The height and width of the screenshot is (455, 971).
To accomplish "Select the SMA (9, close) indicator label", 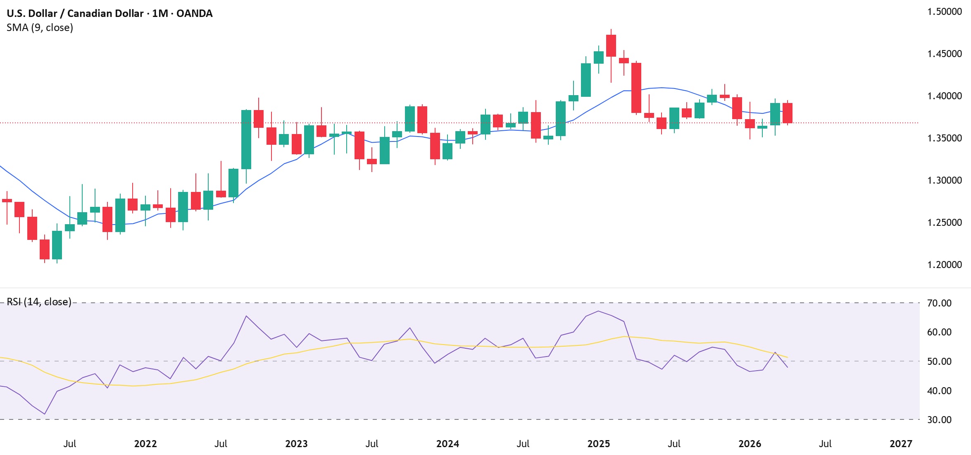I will [40, 28].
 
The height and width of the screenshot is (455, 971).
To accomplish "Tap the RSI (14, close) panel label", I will [39, 302].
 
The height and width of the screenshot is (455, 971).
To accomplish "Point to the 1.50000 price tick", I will [944, 12].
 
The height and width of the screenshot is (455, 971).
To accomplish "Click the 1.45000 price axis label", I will [944, 54].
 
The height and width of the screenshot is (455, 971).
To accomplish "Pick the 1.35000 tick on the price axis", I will [944, 138].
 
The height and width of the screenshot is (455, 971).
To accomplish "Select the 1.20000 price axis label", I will [944, 265].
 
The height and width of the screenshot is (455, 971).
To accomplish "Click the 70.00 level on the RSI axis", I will [939, 303].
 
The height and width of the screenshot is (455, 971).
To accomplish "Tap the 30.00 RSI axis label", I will [939, 420].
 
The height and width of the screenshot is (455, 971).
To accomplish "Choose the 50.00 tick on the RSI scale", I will [939, 362].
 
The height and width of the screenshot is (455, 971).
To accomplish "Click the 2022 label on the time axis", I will [145, 444].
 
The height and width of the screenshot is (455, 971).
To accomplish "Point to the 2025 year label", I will [598, 444].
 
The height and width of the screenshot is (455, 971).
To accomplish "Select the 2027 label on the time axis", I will [901, 444].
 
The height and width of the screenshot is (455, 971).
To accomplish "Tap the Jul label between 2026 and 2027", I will [825, 444].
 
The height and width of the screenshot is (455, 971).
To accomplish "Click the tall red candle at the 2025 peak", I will [611, 45].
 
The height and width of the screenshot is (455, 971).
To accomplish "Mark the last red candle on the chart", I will [787, 113].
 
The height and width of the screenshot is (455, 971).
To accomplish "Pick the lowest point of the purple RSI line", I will [45, 414].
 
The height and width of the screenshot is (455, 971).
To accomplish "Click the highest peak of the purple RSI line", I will [598, 311].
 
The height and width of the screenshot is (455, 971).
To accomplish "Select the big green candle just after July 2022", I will [246, 139].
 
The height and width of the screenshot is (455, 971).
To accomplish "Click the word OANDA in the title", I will [194, 13].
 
